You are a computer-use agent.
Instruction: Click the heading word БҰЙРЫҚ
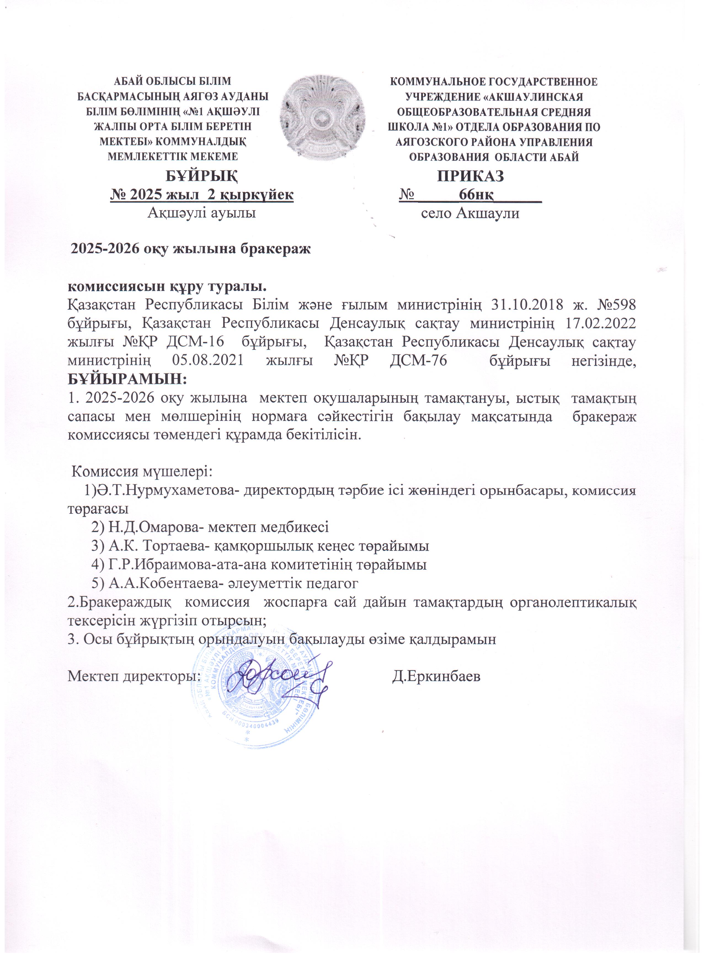point(202,176)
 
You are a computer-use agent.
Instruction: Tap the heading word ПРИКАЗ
point(470,176)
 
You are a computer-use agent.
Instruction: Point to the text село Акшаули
point(470,213)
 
